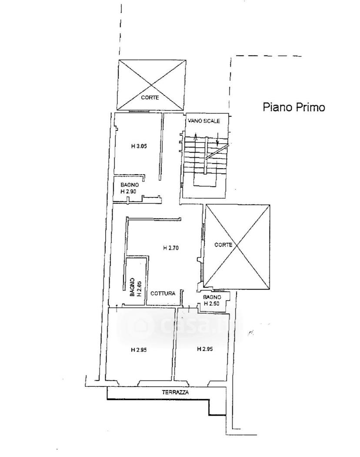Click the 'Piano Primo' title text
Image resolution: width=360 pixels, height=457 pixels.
tap(294, 107)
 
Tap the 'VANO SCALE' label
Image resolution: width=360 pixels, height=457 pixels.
tap(204, 121)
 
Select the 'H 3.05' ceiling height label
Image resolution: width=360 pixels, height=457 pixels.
tap(139, 146)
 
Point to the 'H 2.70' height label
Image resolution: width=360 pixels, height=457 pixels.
tap(170, 248)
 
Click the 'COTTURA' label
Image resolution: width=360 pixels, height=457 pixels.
tap(163, 293)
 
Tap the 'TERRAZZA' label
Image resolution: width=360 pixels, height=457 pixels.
tap(175, 392)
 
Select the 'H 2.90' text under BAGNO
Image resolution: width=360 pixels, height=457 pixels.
tap(129, 192)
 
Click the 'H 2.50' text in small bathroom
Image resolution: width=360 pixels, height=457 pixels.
tap(212, 303)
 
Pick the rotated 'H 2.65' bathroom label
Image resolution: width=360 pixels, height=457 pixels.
tap(139, 288)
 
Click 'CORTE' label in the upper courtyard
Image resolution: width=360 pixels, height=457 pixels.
tap(150, 97)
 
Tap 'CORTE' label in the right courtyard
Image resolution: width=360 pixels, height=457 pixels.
tap(223, 245)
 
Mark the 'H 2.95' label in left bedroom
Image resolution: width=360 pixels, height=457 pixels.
tap(139, 350)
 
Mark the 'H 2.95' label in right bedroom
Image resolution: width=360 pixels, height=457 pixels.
tap(205, 348)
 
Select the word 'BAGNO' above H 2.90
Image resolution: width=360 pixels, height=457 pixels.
tap(130, 185)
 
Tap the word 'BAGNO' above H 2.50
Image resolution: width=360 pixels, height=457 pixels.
tap(212, 297)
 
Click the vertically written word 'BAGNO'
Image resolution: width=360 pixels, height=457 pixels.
tap(133, 288)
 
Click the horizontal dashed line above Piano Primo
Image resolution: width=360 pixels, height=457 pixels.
tap(268, 56)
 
